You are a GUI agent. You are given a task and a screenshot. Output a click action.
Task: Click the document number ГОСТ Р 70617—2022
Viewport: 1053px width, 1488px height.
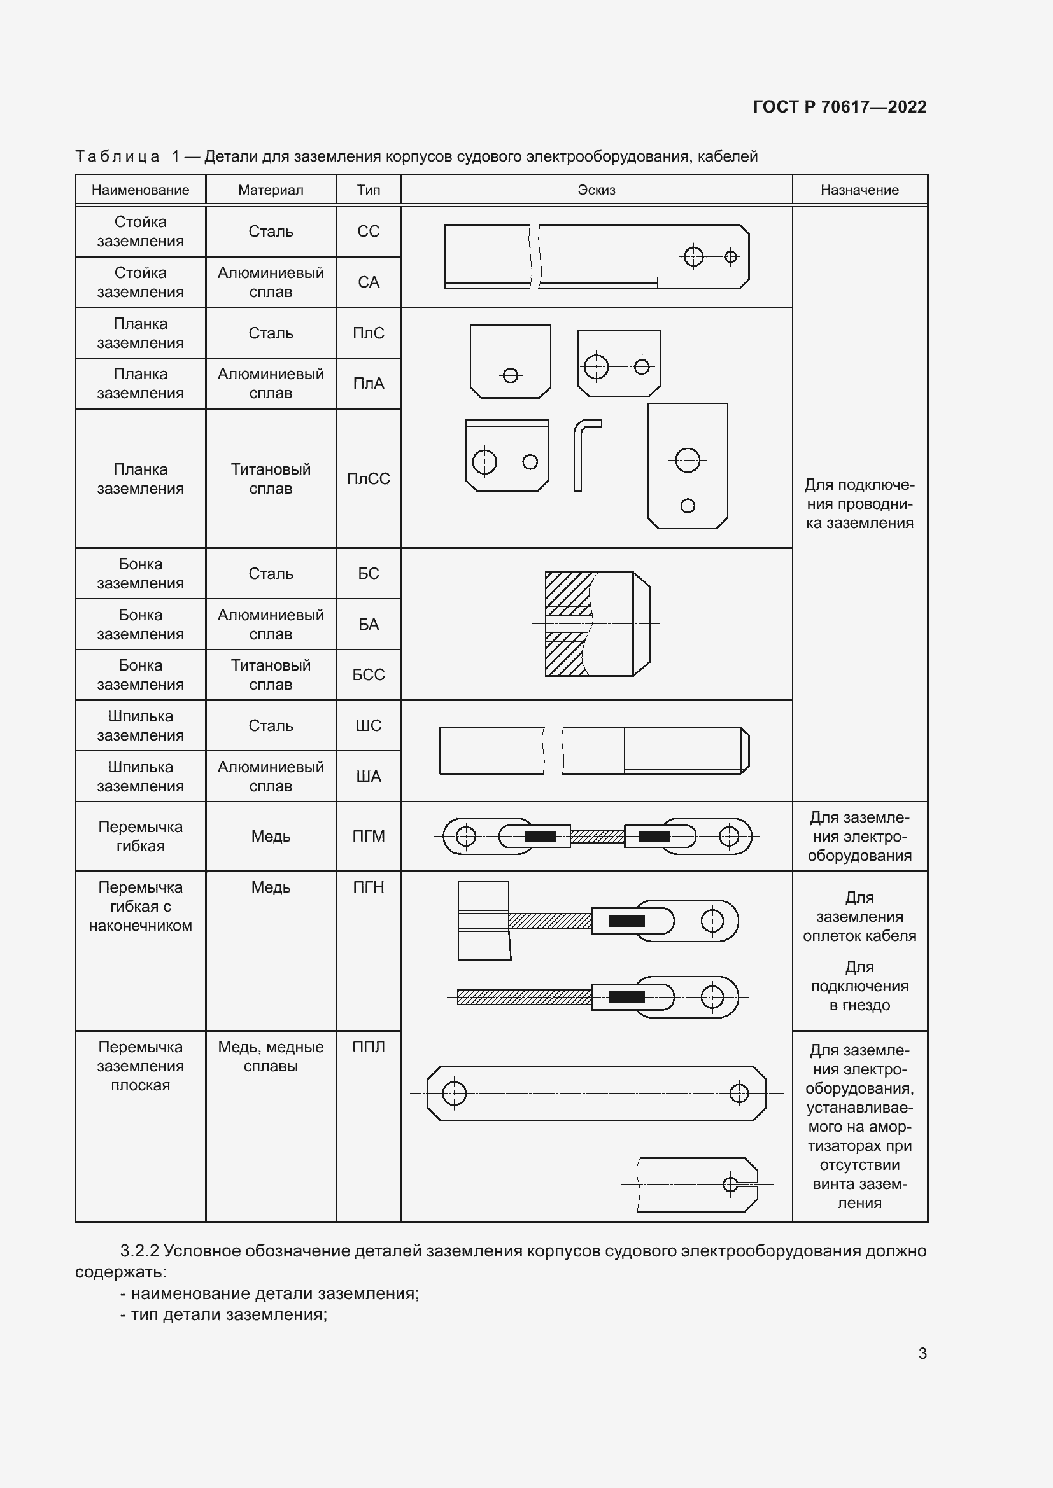click(x=839, y=107)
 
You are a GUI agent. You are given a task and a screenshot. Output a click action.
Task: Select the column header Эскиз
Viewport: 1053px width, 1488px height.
click(x=596, y=190)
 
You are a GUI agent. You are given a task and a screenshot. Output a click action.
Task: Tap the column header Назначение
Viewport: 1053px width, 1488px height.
click(x=859, y=190)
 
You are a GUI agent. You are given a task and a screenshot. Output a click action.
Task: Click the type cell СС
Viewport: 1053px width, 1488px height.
click(x=368, y=232)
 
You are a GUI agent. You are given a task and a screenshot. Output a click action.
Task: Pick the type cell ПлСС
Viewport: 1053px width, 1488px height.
click(x=368, y=478)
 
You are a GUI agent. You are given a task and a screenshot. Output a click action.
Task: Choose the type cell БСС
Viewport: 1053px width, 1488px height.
click(x=368, y=674)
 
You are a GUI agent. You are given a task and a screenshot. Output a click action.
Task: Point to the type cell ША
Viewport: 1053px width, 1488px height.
click(x=368, y=775)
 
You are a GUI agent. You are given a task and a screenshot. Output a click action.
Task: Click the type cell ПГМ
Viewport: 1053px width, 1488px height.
click(x=368, y=836)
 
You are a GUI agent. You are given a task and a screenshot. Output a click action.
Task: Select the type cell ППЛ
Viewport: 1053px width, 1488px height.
click(x=368, y=1046)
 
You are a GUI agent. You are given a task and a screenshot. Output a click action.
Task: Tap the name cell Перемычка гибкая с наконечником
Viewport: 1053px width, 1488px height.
click(x=140, y=906)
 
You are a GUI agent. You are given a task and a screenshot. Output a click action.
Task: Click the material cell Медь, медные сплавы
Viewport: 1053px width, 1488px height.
click(x=271, y=1056)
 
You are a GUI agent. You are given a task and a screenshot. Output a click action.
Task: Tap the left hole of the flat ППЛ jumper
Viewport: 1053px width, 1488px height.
click(x=454, y=1094)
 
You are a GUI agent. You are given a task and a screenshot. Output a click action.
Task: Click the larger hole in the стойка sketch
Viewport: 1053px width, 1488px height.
click(x=693, y=256)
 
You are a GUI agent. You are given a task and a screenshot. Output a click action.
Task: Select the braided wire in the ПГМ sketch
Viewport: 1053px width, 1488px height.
click(x=597, y=837)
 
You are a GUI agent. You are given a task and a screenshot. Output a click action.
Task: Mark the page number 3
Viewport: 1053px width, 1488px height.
click(x=922, y=1353)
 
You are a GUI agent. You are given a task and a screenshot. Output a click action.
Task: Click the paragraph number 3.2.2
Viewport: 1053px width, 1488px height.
click(x=139, y=1251)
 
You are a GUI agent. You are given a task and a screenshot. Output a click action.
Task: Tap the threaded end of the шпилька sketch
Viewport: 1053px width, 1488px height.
click(x=684, y=751)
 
